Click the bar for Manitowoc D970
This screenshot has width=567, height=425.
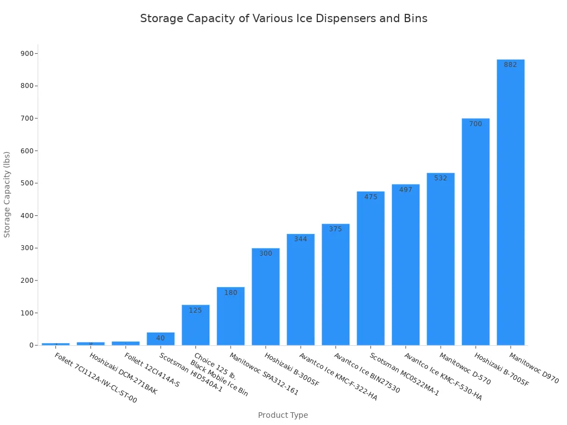(x=511, y=203)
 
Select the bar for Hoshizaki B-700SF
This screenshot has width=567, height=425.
(x=476, y=232)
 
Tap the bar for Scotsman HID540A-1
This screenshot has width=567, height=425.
(x=161, y=339)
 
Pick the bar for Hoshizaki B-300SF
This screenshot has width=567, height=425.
(x=266, y=297)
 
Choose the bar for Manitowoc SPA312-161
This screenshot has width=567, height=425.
(x=230, y=316)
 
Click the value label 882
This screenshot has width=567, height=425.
(x=511, y=65)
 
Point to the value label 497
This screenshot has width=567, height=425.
(x=406, y=190)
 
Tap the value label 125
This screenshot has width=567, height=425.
(x=195, y=310)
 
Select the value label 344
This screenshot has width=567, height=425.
(x=301, y=239)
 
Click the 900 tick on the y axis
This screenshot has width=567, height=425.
(x=27, y=54)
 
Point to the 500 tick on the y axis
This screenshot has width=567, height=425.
(x=27, y=183)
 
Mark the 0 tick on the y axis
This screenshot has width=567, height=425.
(x=31, y=345)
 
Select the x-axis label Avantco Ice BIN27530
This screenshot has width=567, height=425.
(x=367, y=373)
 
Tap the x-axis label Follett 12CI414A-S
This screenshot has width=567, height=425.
(x=152, y=370)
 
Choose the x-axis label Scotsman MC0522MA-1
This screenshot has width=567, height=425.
(x=404, y=375)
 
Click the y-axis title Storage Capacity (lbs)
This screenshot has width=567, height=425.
(x=7, y=194)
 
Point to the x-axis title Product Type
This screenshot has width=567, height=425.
(x=283, y=415)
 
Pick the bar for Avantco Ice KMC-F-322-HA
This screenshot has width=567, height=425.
(x=301, y=289)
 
